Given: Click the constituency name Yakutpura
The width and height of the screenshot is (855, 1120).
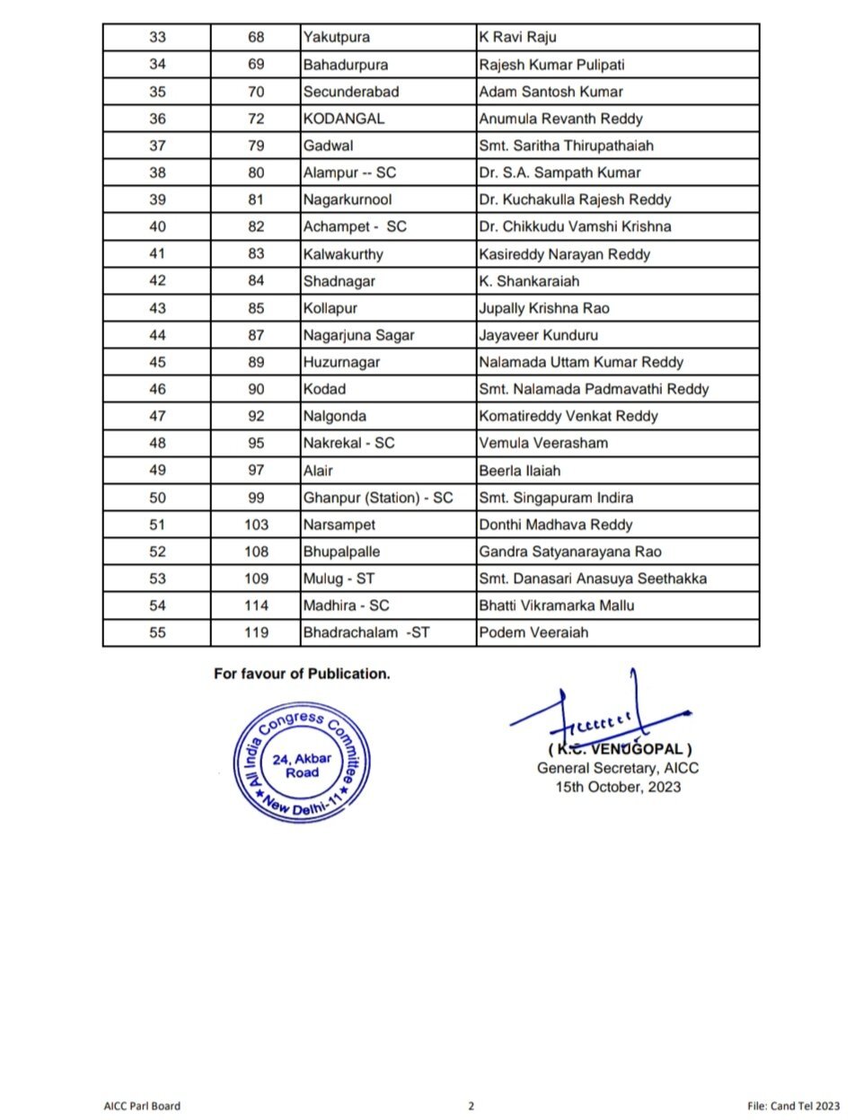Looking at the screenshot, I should point(336,38).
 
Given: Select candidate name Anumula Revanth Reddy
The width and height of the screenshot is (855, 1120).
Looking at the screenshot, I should point(560,119).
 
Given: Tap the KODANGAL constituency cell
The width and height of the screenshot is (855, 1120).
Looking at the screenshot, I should point(343,119).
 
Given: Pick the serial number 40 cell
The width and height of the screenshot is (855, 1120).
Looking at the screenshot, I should point(157,226).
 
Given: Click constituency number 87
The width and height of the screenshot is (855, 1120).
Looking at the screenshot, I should point(256,335).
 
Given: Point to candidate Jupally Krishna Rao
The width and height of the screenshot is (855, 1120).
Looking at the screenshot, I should point(544,308).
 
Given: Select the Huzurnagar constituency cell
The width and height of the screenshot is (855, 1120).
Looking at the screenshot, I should point(341,362).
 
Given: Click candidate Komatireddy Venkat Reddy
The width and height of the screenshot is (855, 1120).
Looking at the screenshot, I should point(569,416).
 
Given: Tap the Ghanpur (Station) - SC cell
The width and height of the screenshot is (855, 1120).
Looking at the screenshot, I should point(378,498).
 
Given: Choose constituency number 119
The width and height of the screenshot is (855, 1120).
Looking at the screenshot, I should point(256,632).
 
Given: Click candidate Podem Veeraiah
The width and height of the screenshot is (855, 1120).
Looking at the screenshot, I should point(533,632).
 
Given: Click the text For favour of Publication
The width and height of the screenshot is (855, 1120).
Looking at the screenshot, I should point(302,674).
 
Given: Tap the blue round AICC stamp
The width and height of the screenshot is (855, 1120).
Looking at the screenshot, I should point(302,764).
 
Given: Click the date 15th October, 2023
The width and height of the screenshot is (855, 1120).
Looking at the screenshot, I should point(618,787).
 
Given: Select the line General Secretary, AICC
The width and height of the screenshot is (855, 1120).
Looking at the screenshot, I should point(618,768).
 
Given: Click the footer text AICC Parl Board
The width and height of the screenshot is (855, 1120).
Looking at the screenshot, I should point(142,1106).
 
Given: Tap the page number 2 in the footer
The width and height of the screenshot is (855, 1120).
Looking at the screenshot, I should point(471,1106).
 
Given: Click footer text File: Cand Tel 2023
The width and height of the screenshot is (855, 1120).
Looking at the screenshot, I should point(794,1106).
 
